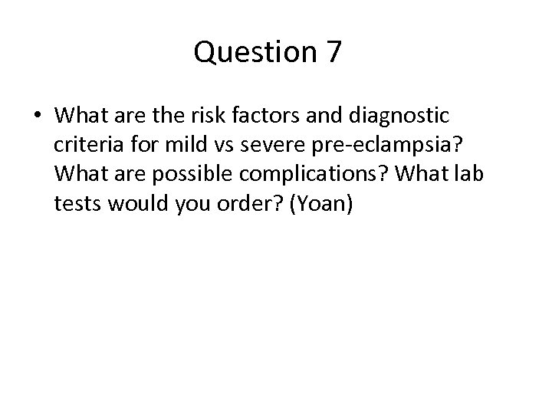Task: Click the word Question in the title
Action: point(249,52)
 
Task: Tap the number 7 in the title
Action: point(332,52)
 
